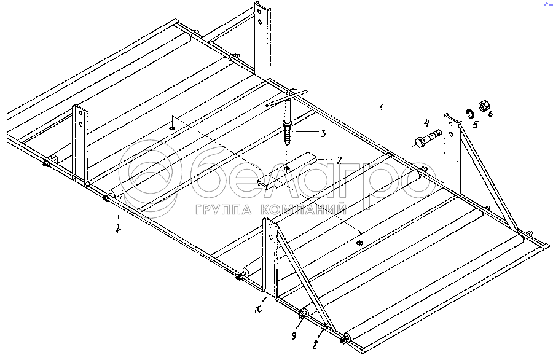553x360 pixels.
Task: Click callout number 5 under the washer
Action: click(474, 125)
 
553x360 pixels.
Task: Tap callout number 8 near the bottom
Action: click(315, 345)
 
